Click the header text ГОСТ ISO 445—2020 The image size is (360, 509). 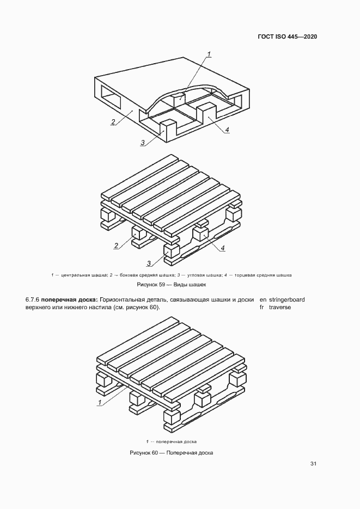click(287, 36)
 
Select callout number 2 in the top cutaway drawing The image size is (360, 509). click(113, 121)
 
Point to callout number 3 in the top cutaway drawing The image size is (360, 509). click(143, 143)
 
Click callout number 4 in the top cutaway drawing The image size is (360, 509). click(227, 129)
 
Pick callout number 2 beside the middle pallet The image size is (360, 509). click(116, 245)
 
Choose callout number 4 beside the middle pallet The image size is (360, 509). click(223, 248)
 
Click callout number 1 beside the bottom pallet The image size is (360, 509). click(100, 402)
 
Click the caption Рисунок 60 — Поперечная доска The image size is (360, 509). click(171, 452)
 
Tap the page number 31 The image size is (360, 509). click(313, 464)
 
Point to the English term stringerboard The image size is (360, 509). click(286, 299)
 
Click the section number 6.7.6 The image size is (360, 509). click(32, 299)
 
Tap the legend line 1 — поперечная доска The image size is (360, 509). click(171, 441)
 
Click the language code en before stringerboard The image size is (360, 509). click(263, 299)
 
